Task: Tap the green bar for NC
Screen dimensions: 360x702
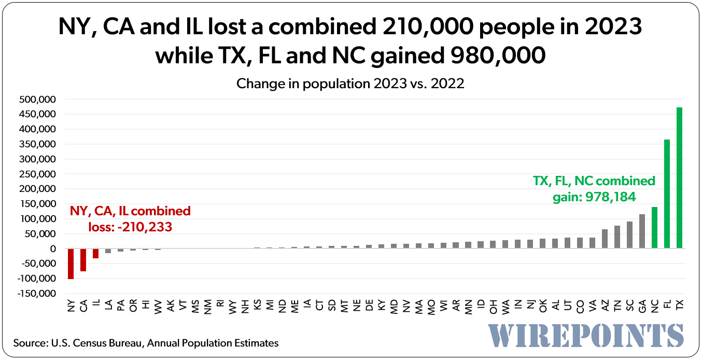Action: [x=654, y=228]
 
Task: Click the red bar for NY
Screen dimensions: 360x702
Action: [x=71, y=264]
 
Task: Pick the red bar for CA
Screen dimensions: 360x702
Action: [x=83, y=260]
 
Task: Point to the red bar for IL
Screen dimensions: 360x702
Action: [x=95, y=253]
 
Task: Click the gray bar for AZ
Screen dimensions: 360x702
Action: [x=605, y=239]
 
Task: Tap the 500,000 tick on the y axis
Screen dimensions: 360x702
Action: [x=38, y=99]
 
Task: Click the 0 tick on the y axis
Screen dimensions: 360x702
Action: [x=52, y=249]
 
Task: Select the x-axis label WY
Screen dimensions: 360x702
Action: [x=232, y=307]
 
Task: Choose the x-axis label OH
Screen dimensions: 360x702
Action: [x=493, y=307]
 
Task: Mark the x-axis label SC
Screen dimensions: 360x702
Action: [x=629, y=307]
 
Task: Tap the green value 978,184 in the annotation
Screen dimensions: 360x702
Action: [x=610, y=197]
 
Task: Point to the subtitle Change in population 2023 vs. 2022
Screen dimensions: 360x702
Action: [x=350, y=83]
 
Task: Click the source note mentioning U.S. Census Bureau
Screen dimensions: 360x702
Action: [x=146, y=343]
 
